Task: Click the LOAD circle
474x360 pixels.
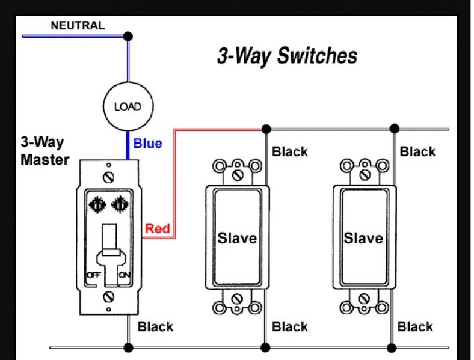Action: pyautogui.click(x=127, y=107)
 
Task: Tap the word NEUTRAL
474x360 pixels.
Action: pyautogui.click(x=78, y=26)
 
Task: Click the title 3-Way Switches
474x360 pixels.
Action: pyautogui.click(x=287, y=56)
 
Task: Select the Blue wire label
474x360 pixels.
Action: pyautogui.click(x=147, y=144)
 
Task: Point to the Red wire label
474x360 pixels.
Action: pyautogui.click(x=158, y=229)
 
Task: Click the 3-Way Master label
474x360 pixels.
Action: pyautogui.click(x=45, y=151)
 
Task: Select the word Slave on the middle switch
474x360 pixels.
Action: pyautogui.click(x=237, y=238)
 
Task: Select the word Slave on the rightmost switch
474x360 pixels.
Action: pyautogui.click(x=363, y=238)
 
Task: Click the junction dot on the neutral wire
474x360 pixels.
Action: pyautogui.click(x=128, y=37)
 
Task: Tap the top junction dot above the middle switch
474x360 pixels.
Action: pyautogui.click(x=266, y=129)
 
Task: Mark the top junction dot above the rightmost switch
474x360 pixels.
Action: pyautogui.click(x=395, y=129)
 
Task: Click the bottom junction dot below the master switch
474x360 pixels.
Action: pyautogui.click(x=128, y=347)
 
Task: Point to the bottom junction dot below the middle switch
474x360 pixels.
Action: pyautogui.click(x=266, y=347)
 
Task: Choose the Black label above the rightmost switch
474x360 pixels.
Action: pyautogui.click(x=417, y=151)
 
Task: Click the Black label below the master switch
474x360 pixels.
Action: pyautogui.click(x=155, y=327)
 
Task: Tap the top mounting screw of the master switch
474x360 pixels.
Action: pyautogui.click(x=109, y=178)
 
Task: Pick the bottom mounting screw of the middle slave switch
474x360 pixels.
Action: pyautogui.click(x=238, y=299)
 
